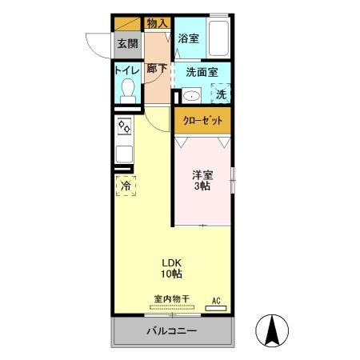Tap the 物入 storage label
[x=157, y=23]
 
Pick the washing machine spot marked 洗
[x=220, y=94]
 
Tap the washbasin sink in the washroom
[x=190, y=95]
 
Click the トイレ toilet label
[x=126, y=70]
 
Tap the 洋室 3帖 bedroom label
[x=201, y=181]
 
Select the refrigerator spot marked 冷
[x=126, y=186]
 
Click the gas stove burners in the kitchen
[x=124, y=126]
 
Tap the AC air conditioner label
[x=215, y=301]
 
